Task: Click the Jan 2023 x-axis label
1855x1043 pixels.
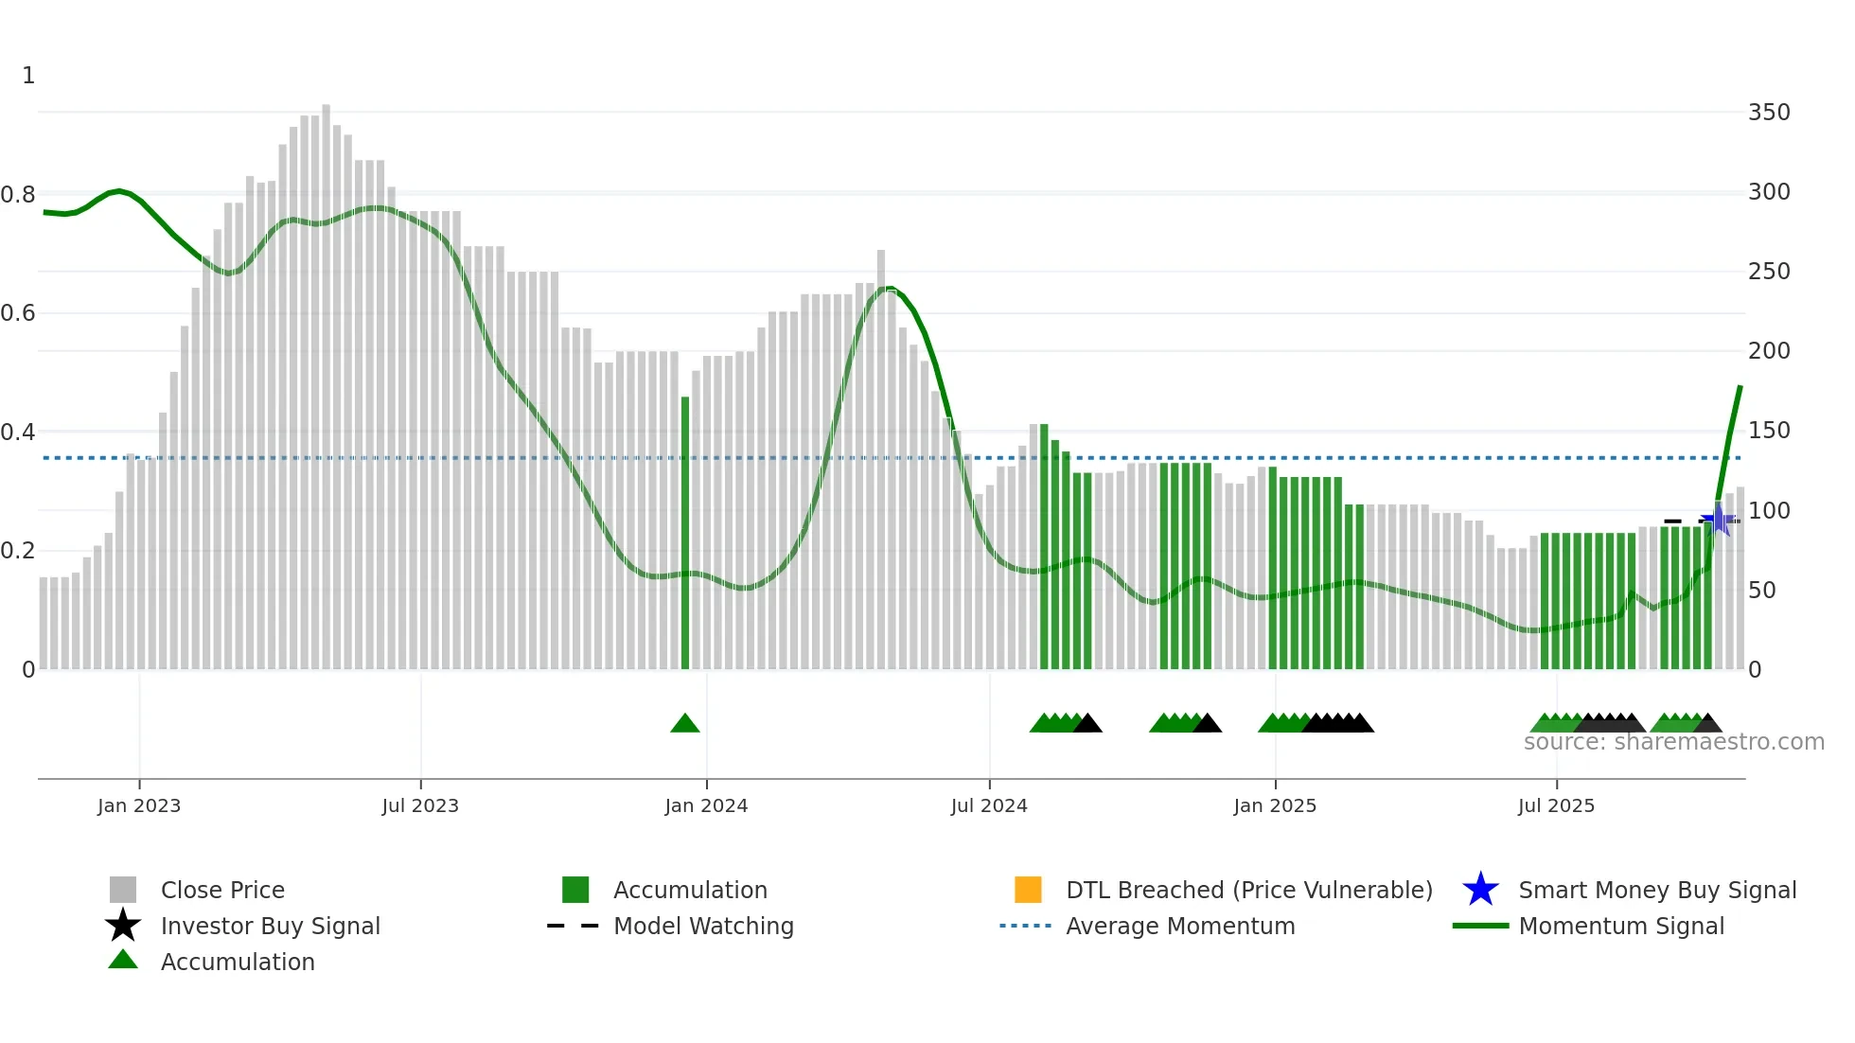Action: [x=139, y=805]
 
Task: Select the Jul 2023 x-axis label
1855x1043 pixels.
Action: [x=420, y=805]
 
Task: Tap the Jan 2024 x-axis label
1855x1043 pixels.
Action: [x=706, y=805]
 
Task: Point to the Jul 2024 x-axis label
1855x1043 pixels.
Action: [x=989, y=805]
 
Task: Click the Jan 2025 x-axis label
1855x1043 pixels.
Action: [x=1275, y=805]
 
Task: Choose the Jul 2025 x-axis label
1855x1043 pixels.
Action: [x=1556, y=805]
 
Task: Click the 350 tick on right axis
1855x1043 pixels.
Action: [x=1769, y=113]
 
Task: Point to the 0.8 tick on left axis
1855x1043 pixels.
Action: [x=18, y=195]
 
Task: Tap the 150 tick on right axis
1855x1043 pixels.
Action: [x=1769, y=431]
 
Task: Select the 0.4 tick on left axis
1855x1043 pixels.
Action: [x=18, y=433]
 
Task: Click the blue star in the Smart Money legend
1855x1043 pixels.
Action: [x=1480, y=890]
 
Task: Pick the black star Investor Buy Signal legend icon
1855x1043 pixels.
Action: [x=123, y=926]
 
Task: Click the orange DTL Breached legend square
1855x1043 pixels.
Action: [x=1028, y=890]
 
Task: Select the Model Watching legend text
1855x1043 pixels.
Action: [x=703, y=926]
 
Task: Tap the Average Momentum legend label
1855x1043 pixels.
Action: [x=1180, y=926]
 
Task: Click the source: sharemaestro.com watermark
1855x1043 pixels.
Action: [x=1673, y=742]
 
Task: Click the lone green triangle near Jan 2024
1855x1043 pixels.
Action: [x=684, y=724]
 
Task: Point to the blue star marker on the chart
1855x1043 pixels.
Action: [x=1718, y=520]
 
